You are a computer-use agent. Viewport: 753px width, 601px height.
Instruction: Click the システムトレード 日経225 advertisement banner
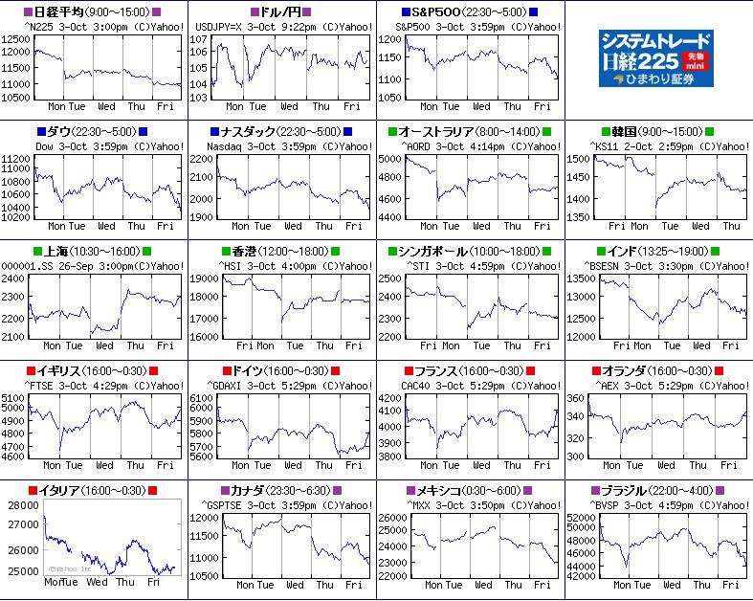click(658, 58)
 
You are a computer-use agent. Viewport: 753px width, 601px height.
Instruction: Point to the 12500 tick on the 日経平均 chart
click(17, 39)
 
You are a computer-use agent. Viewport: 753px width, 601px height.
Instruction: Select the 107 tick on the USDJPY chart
click(200, 39)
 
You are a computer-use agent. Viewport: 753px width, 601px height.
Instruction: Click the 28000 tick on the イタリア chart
click(23, 505)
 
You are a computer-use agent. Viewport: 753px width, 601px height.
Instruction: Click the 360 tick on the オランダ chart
click(575, 398)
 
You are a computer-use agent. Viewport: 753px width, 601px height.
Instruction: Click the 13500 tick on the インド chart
click(581, 278)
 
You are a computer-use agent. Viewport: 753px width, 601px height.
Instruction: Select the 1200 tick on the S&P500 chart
click(390, 39)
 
